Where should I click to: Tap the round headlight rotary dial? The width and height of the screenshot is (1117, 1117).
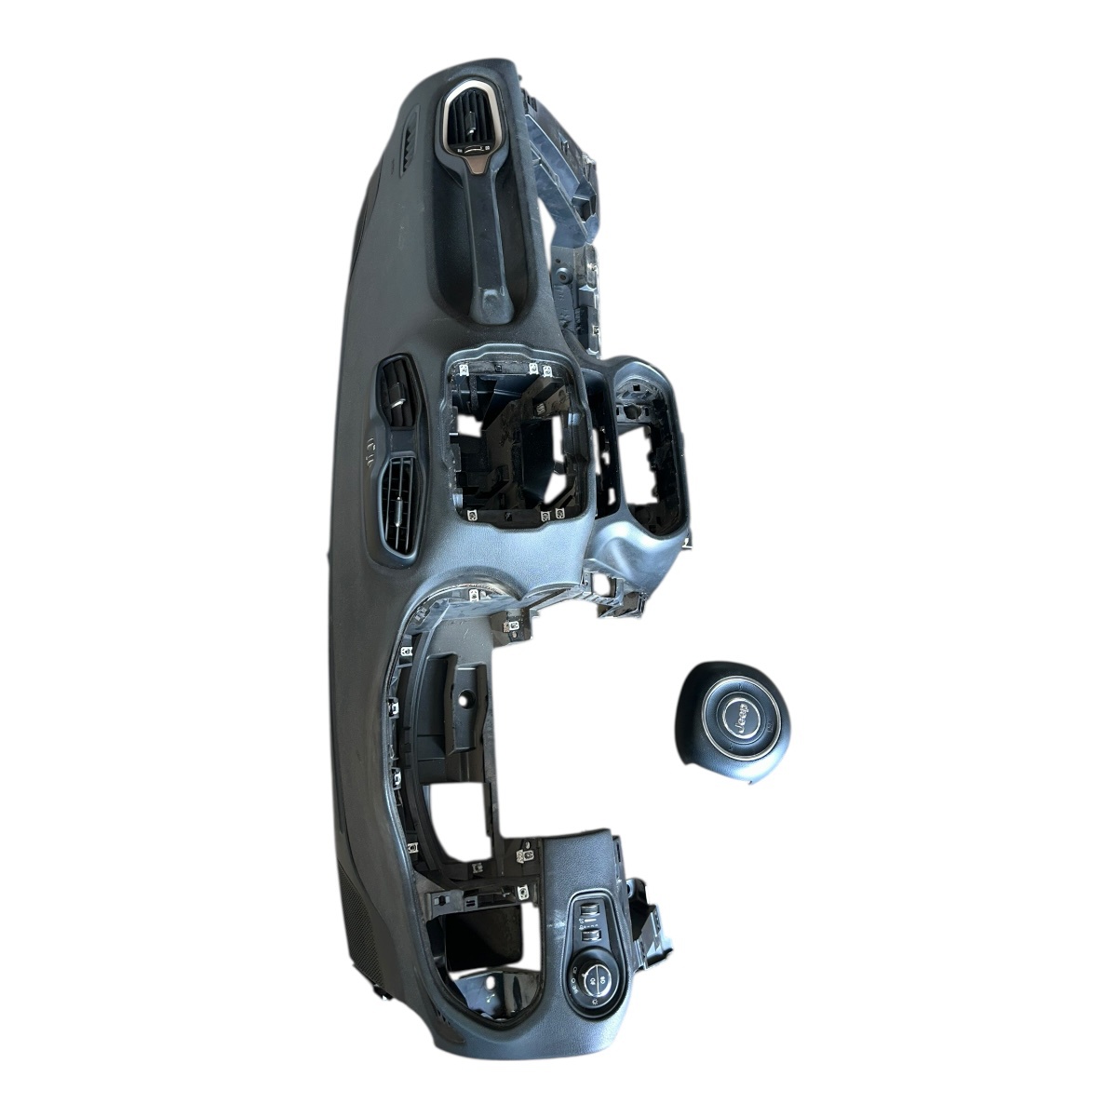coord(592,996)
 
